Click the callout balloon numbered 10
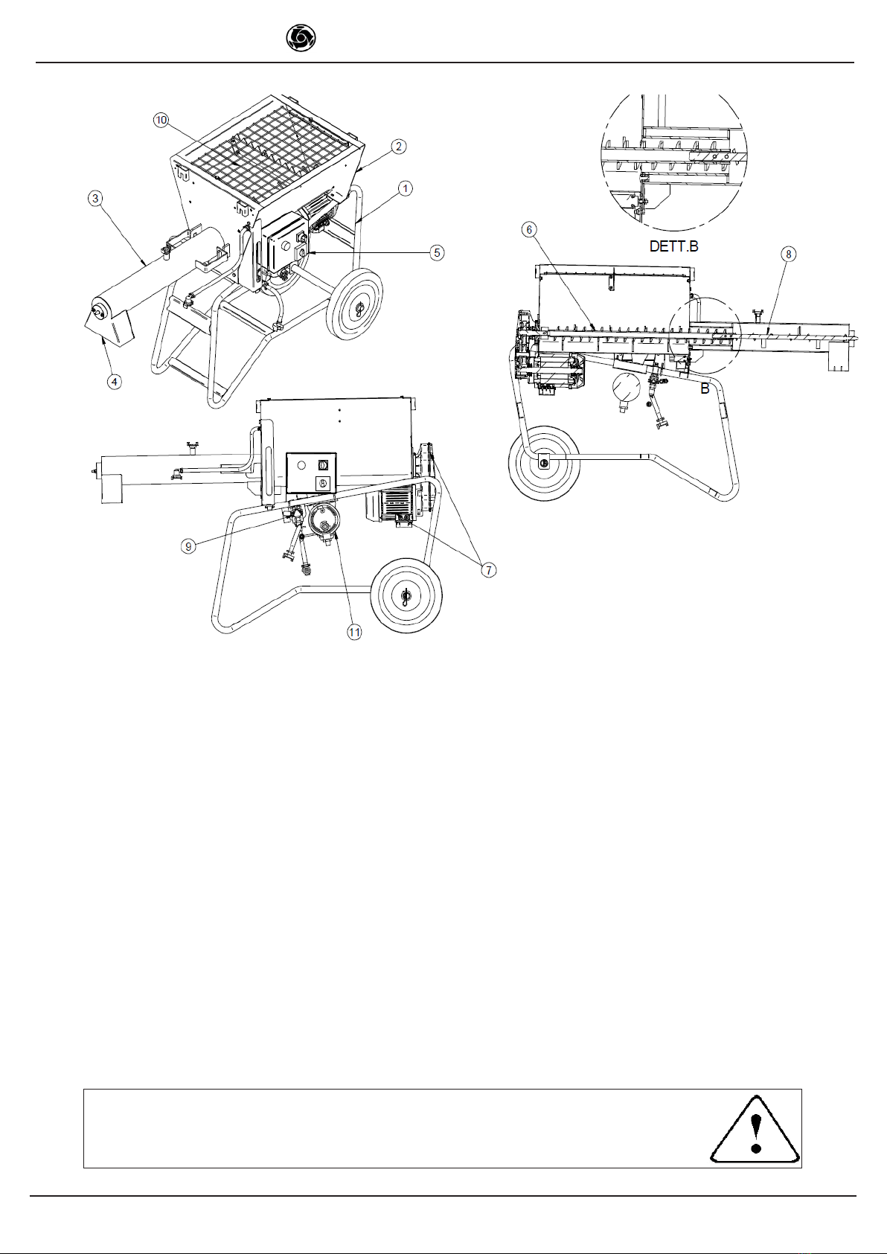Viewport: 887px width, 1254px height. tap(161, 120)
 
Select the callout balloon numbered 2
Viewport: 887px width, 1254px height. tap(398, 147)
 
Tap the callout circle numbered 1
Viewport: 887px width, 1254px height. tap(405, 189)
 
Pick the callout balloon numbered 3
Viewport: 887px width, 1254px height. tap(96, 198)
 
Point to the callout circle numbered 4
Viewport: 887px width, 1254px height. tap(114, 382)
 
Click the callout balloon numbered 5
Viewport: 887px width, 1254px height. tap(438, 252)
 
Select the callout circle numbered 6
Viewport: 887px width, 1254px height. tap(529, 229)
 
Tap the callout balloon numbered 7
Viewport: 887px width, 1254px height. tap(489, 570)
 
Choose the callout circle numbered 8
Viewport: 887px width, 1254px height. tap(789, 255)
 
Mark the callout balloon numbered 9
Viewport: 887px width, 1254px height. tap(188, 546)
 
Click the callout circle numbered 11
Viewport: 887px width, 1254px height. tap(354, 632)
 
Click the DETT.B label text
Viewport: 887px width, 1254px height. tap(673, 246)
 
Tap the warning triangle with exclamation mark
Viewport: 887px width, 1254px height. tap(755, 1130)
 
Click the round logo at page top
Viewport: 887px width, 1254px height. tap(301, 39)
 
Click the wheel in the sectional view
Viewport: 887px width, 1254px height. tap(544, 463)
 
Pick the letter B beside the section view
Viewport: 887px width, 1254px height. tap(705, 388)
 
